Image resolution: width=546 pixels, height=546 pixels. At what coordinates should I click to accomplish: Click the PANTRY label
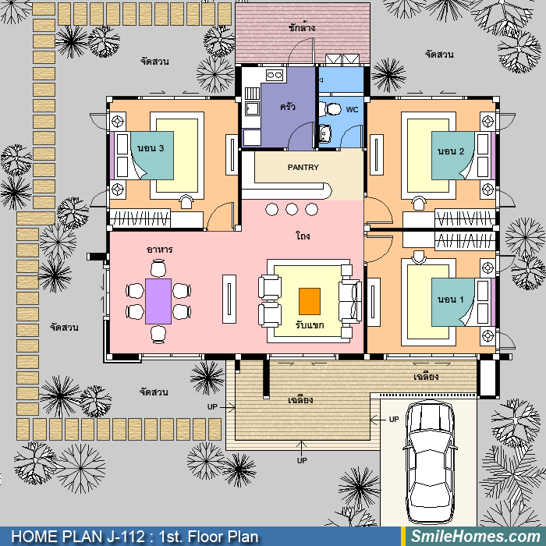click(303, 168)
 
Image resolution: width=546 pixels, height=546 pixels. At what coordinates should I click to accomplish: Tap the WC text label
click(352, 110)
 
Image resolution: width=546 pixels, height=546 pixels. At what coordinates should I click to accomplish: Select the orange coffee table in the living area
click(310, 301)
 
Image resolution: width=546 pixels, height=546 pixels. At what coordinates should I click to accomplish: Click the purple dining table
click(158, 301)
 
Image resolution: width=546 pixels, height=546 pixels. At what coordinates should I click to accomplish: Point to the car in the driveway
click(430, 463)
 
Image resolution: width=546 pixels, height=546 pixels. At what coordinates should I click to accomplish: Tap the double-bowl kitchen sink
click(275, 75)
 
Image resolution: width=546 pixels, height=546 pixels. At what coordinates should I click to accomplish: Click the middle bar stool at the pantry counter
click(292, 209)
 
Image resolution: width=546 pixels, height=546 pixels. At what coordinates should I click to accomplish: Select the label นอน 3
click(151, 148)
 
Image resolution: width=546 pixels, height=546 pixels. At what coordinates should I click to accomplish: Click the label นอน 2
click(451, 151)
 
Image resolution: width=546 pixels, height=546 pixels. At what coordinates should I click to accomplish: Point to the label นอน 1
click(451, 300)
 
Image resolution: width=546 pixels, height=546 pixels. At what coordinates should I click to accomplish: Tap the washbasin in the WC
click(325, 134)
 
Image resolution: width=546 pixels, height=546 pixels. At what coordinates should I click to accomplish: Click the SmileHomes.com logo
click(476, 537)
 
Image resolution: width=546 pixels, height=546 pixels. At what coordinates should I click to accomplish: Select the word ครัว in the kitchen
click(288, 106)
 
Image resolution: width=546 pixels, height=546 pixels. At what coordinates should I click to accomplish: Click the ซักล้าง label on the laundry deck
click(302, 27)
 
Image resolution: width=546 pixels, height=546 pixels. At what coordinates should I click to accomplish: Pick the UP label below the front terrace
click(302, 460)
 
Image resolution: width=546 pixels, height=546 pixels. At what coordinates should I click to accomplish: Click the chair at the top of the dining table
click(158, 268)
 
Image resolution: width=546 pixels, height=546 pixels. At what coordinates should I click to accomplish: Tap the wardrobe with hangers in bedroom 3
click(140, 218)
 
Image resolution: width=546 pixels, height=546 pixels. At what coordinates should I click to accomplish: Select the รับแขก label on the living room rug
click(310, 325)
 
